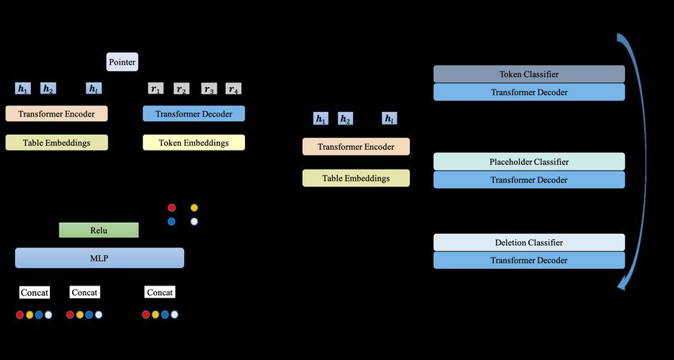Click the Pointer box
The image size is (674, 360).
tap(122, 62)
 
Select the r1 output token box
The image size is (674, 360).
tap(155, 89)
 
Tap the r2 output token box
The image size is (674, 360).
tap(182, 89)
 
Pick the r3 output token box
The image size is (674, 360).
tap(209, 89)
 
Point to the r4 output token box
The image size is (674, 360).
tap(233, 89)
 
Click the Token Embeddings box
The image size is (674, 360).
tap(193, 143)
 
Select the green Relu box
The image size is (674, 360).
tap(99, 230)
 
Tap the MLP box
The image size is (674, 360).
tap(99, 258)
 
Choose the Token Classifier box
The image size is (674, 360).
tap(529, 74)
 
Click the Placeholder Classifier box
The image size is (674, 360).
tap(529, 162)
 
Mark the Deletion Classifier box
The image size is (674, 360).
tap(529, 243)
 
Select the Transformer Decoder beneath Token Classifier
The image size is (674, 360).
tap(529, 92)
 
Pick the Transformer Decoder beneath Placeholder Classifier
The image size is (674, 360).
tap(529, 180)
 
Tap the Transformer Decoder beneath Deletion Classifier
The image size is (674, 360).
tap(529, 260)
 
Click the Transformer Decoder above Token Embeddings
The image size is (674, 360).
tap(193, 114)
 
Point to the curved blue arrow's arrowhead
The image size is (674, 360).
tap(621, 285)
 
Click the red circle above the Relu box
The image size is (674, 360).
tap(171, 208)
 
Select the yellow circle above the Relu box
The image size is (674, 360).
tap(194, 208)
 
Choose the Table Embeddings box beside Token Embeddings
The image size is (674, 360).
tap(57, 143)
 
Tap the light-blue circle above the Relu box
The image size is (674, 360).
tap(194, 221)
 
